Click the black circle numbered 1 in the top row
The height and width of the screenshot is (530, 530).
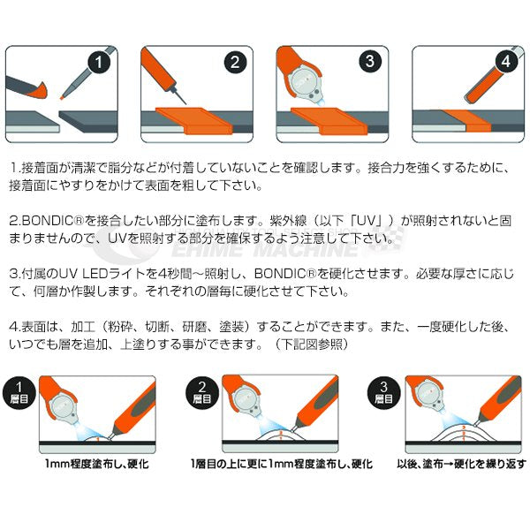(x=99, y=62)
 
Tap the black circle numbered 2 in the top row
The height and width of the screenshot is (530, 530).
(x=234, y=62)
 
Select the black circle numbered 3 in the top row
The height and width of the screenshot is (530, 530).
(x=370, y=62)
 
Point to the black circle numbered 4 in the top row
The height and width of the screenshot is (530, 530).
(x=504, y=62)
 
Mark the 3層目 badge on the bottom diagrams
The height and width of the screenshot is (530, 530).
(x=383, y=391)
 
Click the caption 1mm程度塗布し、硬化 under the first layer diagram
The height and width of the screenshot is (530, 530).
(x=97, y=464)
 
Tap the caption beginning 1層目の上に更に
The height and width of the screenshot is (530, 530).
(x=281, y=464)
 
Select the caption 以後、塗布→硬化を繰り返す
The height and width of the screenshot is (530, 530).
(x=462, y=464)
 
